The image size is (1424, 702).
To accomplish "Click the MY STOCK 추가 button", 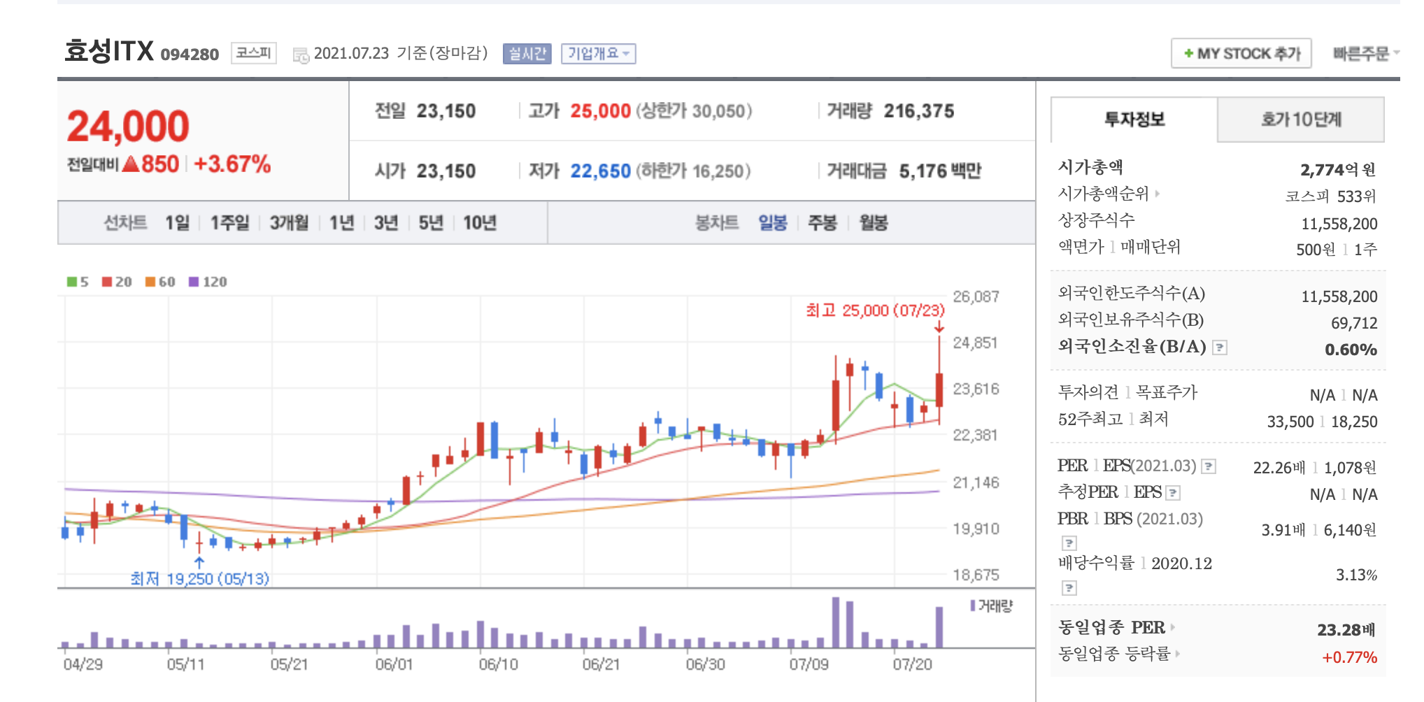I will [1241, 54].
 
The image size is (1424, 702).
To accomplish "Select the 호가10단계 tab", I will [1301, 120].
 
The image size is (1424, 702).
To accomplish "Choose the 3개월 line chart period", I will [289, 223].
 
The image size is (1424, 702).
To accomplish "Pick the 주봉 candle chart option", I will [822, 223].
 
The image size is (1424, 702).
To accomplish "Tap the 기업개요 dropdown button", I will [598, 54].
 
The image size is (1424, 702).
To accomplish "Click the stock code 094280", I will [190, 55].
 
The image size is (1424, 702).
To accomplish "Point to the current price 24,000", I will [128, 127].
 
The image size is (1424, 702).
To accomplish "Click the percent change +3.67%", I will [232, 164].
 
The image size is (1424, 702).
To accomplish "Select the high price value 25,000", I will [600, 111].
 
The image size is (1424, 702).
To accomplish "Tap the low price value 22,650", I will [600, 171].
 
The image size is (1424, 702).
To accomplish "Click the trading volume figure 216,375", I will [918, 111].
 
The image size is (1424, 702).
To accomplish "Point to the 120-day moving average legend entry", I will [208, 282].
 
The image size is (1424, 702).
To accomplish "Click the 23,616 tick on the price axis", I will [976, 389].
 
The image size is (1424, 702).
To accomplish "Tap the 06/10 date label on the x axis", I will [498, 664].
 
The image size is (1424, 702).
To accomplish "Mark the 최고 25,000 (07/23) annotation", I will [874, 310].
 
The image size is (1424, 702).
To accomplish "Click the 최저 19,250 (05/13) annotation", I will [200, 579].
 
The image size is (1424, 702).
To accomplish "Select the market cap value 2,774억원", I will [1337, 170].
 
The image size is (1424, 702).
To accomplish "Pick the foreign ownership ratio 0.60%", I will [1351, 350].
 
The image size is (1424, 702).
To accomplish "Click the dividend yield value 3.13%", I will [1356, 575].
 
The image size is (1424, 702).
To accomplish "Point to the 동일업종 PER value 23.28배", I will [1346, 630].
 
